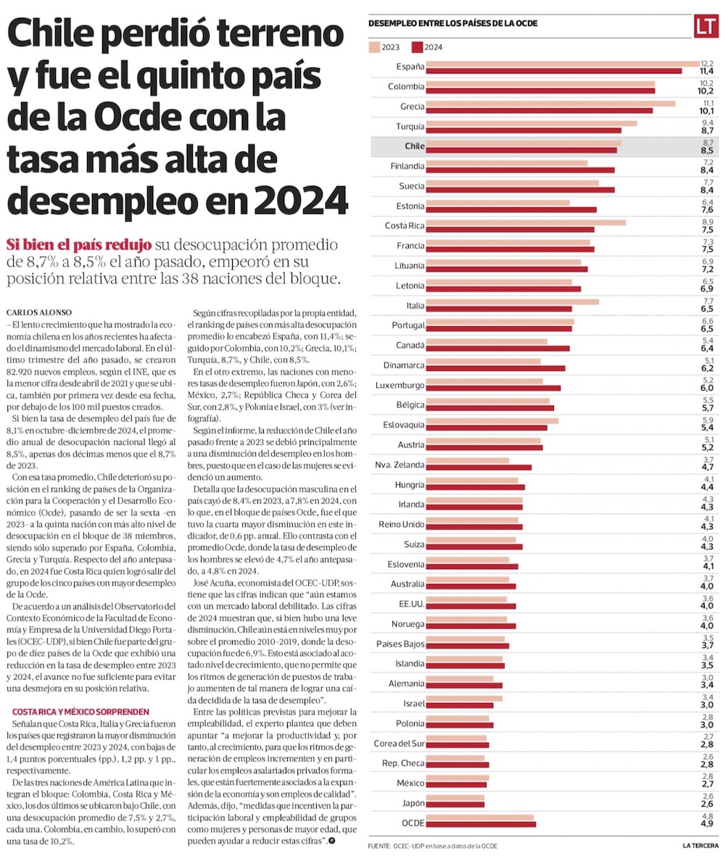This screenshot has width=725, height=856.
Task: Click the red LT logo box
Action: pos(705,26)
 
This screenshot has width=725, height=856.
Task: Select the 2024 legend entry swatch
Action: pos(417,48)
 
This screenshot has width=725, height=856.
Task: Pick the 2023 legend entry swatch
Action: pos(374,48)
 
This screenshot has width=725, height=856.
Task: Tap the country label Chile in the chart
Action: pos(414,146)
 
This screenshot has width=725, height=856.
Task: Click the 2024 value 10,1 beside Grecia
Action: pos(706,111)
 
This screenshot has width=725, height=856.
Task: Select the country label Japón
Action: pos(413,802)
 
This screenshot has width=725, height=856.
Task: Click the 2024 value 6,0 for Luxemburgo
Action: pos(706,388)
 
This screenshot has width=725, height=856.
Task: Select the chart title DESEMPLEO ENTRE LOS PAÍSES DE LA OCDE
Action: pos(453,23)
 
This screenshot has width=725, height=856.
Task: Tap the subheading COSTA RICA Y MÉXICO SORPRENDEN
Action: pos(80,712)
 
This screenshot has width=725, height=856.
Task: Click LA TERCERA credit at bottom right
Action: pos(701,845)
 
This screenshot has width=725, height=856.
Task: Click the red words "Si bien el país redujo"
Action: pos(78,243)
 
